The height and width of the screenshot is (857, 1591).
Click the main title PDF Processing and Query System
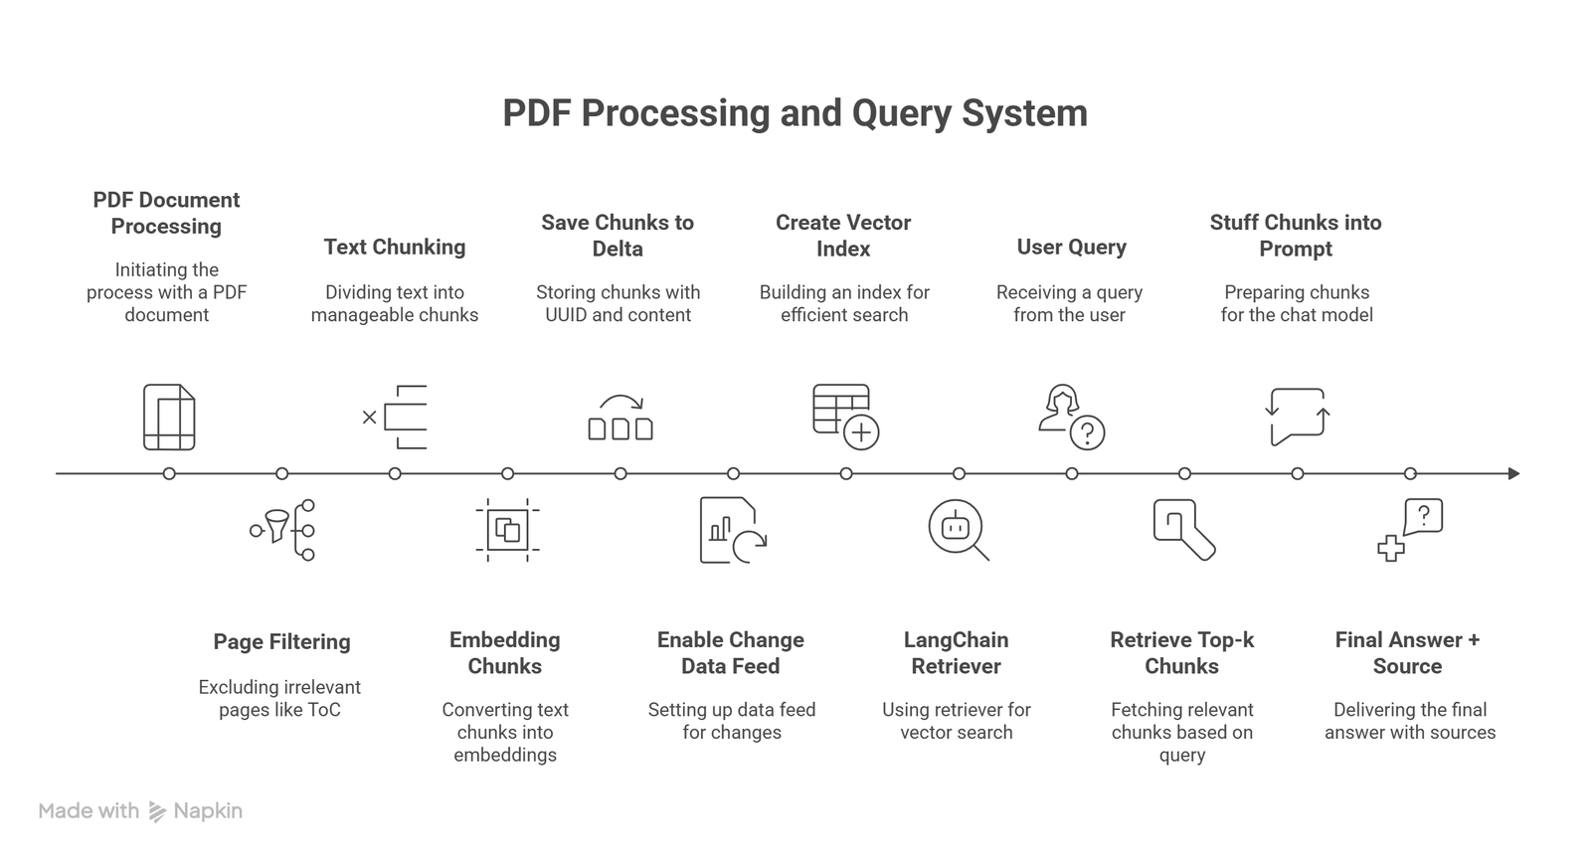click(795, 113)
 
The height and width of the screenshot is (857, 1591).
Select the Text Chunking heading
click(395, 247)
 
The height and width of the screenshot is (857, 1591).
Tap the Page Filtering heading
click(281, 641)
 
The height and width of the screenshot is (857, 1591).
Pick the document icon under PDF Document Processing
click(169, 417)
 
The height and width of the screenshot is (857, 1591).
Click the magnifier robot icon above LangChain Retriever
click(958, 530)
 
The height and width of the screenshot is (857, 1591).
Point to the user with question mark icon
click(1071, 417)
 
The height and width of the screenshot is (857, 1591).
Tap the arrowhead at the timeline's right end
click(1513, 473)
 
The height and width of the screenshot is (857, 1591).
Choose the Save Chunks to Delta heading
click(618, 236)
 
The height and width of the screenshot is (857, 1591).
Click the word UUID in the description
click(566, 315)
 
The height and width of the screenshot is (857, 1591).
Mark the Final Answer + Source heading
click(1407, 652)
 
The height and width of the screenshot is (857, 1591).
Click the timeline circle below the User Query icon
click(1072, 473)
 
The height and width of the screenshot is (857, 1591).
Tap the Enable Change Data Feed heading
click(731, 652)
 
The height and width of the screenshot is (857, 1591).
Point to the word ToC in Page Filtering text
click(324, 710)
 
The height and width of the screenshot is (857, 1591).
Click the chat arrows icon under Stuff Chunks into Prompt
click(1298, 417)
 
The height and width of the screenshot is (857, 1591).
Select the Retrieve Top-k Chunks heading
click(1181, 652)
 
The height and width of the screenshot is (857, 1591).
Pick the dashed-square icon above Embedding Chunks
click(507, 530)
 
